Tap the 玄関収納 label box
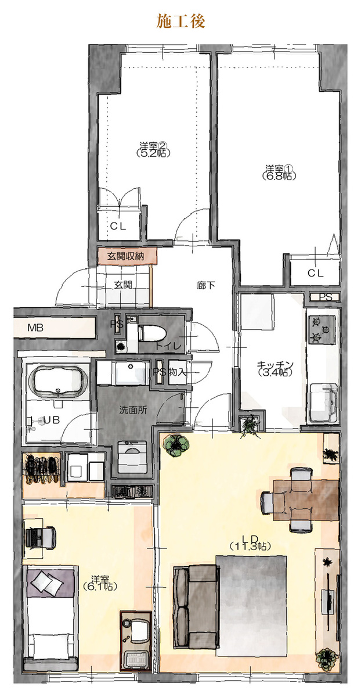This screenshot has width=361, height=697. (x=127, y=256)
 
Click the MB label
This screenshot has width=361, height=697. (x=35, y=328)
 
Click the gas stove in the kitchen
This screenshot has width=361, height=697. (x=322, y=329)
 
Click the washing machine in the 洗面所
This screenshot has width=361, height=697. (x=132, y=457)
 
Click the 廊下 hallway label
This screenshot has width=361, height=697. (x=206, y=285)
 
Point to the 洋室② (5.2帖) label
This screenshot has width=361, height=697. (x=153, y=149)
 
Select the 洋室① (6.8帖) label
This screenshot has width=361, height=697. (x=279, y=172)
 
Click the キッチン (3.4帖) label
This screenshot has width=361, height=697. (x=275, y=368)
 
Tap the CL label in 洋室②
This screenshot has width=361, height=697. (x=118, y=226)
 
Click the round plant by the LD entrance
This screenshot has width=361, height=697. (x=176, y=445)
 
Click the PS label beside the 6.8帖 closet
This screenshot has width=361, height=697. (x=325, y=297)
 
